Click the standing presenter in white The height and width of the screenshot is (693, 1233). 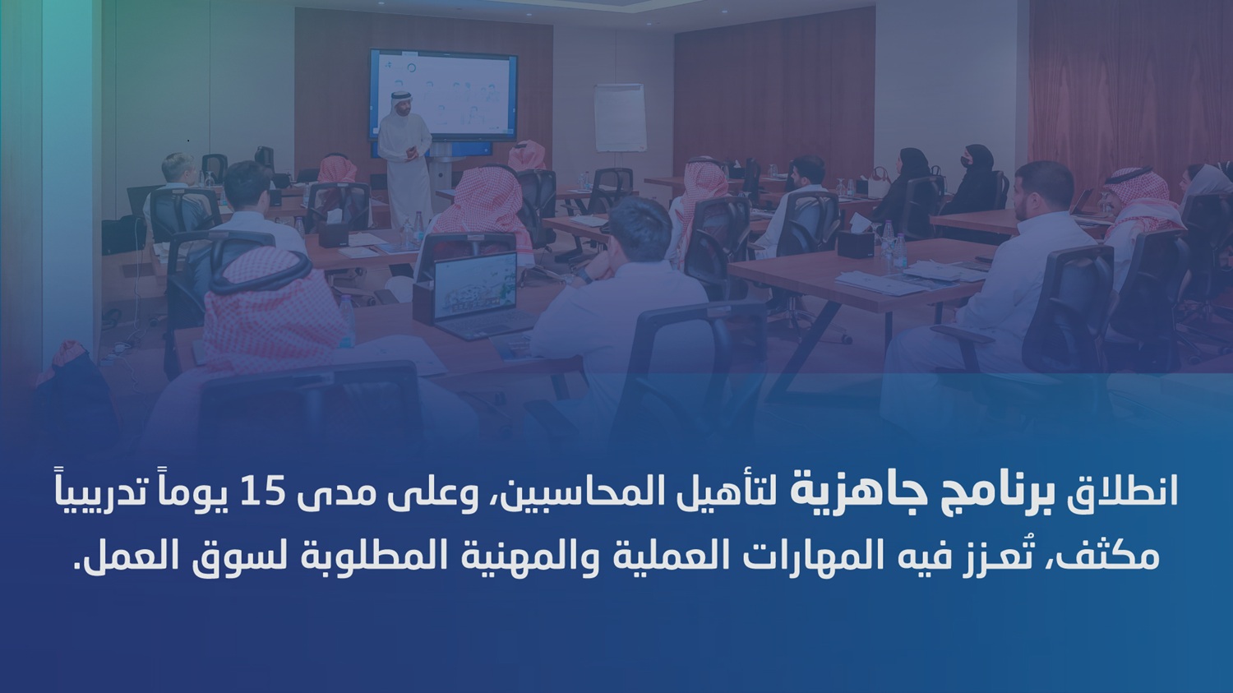404,152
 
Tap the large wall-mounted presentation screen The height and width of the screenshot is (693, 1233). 442,95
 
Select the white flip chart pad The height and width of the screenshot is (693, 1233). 620,118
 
